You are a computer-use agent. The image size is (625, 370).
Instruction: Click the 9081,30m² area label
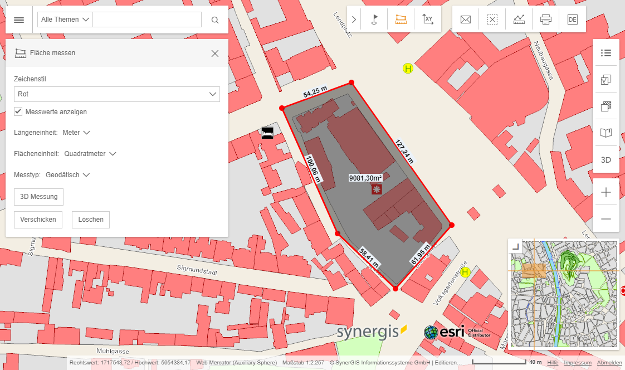pyautogui.click(x=365, y=178)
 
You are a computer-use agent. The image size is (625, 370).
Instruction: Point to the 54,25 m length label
pyautogui.click(x=315, y=92)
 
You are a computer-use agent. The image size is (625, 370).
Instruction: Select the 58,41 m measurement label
pyautogui.click(x=369, y=257)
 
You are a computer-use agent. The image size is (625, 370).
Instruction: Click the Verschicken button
pyautogui.click(x=38, y=220)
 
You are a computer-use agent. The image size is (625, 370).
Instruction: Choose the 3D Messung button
pyautogui.click(x=39, y=197)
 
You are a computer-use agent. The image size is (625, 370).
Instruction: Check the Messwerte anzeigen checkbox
pyautogui.click(x=18, y=111)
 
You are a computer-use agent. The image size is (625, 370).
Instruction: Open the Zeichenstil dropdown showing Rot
pyautogui.click(x=117, y=94)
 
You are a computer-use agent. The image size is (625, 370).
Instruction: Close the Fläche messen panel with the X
pyautogui.click(x=215, y=53)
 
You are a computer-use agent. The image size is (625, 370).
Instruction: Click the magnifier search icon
pyautogui.click(x=215, y=20)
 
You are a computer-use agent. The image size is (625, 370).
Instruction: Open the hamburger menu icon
pyautogui.click(x=19, y=20)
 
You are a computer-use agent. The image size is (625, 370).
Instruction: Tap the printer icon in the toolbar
pyautogui.click(x=545, y=20)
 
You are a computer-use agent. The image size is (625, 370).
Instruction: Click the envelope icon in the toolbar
pyautogui.click(x=466, y=20)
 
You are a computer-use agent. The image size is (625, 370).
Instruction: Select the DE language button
pyautogui.click(x=572, y=20)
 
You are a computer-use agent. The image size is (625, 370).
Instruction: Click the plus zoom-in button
pyautogui.click(x=606, y=193)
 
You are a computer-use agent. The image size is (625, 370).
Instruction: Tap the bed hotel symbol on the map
pyautogui.click(x=267, y=133)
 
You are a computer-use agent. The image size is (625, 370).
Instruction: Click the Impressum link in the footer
pyautogui.click(x=578, y=363)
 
